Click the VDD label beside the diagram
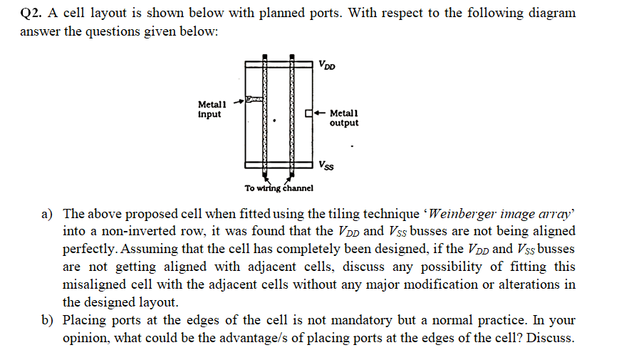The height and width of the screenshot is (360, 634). (328, 67)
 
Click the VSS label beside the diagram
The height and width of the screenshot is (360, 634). (327, 167)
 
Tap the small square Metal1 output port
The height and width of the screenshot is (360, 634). (308, 113)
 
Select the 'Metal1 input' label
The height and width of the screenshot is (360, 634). (210, 109)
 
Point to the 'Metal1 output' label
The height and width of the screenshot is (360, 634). (344, 118)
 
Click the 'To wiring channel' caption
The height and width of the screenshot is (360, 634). (279, 188)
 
